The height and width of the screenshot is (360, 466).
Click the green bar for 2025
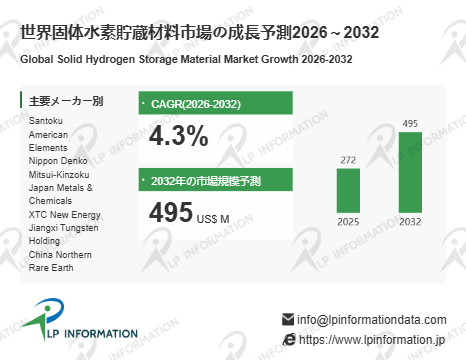click(x=348, y=191)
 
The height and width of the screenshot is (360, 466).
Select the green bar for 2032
click(x=410, y=172)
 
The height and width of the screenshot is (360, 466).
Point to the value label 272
click(x=348, y=160)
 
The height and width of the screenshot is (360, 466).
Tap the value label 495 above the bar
click(x=410, y=123)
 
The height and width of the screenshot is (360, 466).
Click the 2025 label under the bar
click(x=348, y=222)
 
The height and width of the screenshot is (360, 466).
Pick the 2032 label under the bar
click(x=410, y=222)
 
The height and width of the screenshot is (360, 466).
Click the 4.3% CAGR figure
click(x=179, y=136)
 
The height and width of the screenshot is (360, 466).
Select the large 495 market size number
click(x=171, y=212)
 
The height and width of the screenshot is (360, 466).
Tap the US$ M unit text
click(x=213, y=219)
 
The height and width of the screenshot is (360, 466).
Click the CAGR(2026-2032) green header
click(x=216, y=103)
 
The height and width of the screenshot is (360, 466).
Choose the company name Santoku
click(x=46, y=121)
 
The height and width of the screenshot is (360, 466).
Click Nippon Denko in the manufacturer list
click(x=58, y=161)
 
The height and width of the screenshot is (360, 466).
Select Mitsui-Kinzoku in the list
click(x=59, y=174)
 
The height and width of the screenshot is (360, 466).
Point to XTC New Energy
click(x=65, y=215)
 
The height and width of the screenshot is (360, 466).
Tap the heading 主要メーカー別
click(x=66, y=101)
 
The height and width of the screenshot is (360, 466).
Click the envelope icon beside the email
click(x=288, y=319)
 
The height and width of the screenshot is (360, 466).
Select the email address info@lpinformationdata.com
click(x=372, y=319)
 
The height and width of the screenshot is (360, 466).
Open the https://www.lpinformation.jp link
click(x=372, y=340)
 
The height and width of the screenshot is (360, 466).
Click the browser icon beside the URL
click(x=289, y=340)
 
